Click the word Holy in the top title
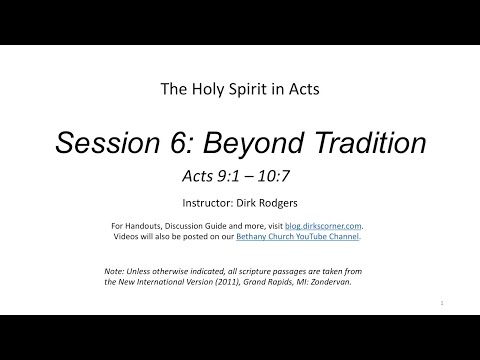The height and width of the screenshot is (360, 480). tap(205, 88)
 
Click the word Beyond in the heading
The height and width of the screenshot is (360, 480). tap(258, 143)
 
